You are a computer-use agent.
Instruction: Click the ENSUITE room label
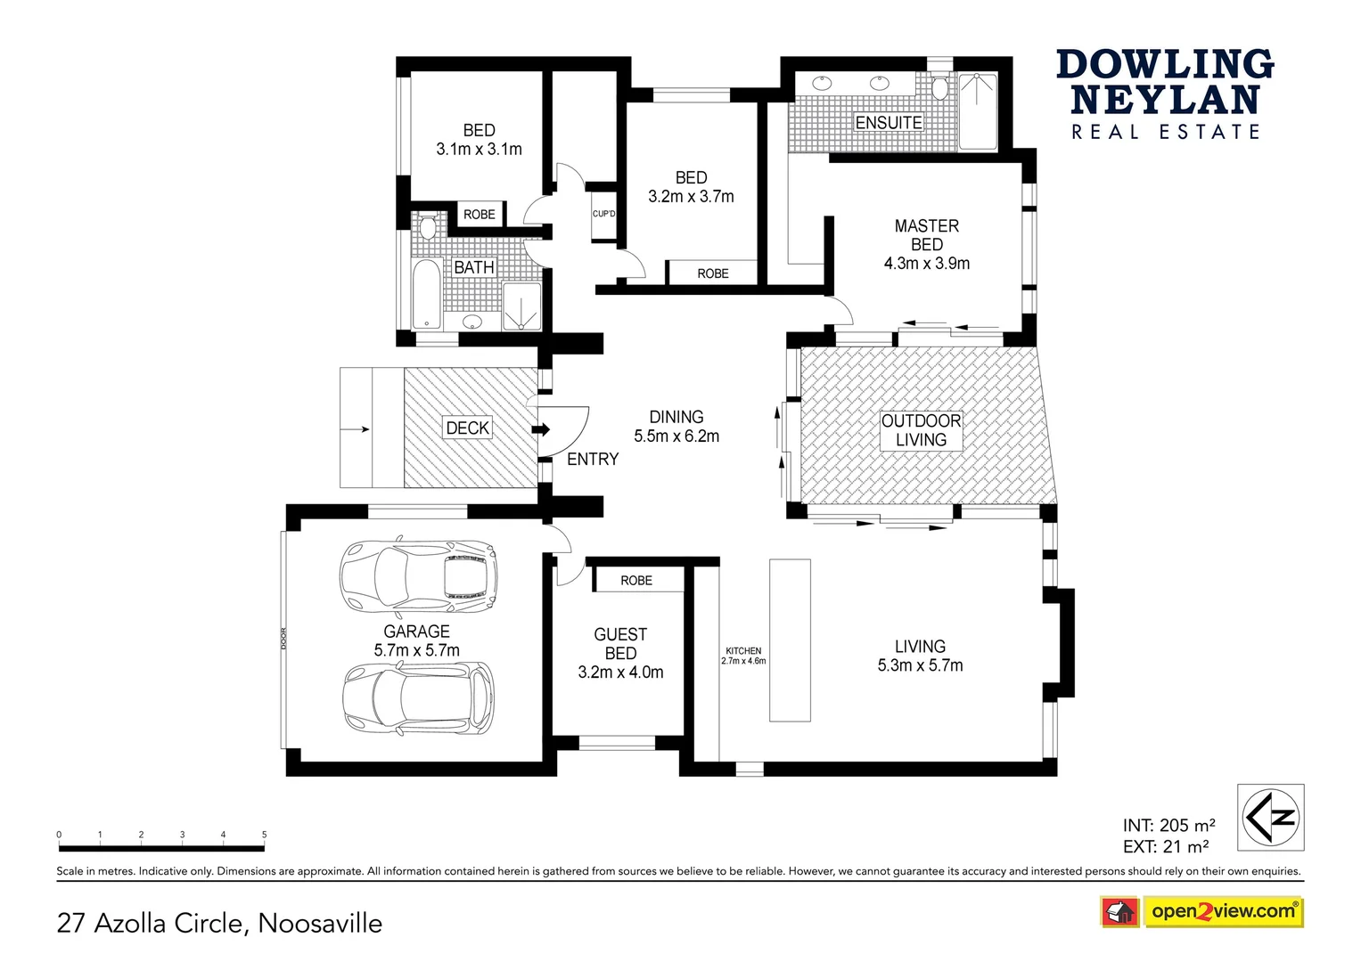coord(888,123)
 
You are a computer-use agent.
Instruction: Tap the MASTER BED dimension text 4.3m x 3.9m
coord(926,264)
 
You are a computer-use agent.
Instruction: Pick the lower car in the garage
coord(418,697)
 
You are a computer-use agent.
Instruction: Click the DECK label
coord(467,428)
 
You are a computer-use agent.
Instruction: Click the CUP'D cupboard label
coord(603,214)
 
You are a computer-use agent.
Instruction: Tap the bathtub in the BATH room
coord(427,294)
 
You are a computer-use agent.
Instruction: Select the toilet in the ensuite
coord(939,87)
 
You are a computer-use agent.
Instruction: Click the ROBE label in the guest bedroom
coord(636,581)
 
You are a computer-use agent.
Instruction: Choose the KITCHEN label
coord(743,651)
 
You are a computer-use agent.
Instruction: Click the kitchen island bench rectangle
coord(790,640)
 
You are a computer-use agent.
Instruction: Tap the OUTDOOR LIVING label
coord(921,430)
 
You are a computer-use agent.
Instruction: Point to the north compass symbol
coord(1270,817)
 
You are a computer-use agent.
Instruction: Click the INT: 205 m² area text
coord(1168,826)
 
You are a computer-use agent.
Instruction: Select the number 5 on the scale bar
coord(264,835)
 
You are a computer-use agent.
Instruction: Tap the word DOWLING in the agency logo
coord(1165,65)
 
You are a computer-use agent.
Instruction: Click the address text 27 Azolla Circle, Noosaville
coord(219,924)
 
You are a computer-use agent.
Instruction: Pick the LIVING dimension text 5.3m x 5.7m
coord(920,666)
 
